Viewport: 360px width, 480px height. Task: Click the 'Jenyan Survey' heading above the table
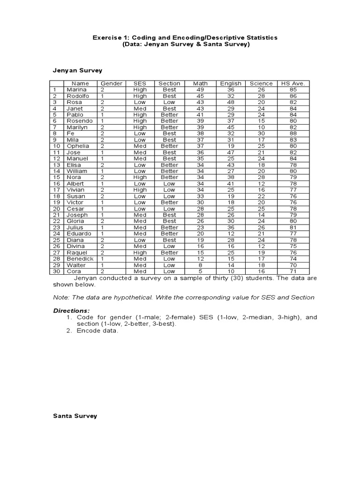click(77, 70)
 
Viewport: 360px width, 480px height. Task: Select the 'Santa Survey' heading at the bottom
click(75, 416)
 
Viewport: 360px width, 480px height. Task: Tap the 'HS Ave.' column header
click(292, 83)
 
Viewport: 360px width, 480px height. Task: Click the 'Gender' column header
click(112, 83)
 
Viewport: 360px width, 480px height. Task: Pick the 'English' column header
click(231, 83)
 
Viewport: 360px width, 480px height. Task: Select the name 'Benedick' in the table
click(80, 259)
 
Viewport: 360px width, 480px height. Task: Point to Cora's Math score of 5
click(200, 271)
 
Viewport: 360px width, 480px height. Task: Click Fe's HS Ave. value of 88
click(292, 134)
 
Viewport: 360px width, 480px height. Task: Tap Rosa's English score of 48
click(231, 102)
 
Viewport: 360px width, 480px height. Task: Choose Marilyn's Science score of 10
click(261, 127)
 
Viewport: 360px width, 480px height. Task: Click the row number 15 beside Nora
click(57, 177)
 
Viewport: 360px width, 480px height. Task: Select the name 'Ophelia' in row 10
click(78, 146)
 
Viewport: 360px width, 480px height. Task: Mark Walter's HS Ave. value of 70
click(292, 265)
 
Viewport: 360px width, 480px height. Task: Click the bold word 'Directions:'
click(71, 311)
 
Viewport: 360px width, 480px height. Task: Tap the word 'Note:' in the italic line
click(61, 298)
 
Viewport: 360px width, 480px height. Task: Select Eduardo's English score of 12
click(231, 233)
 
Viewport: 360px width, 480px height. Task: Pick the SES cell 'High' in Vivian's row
click(140, 190)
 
